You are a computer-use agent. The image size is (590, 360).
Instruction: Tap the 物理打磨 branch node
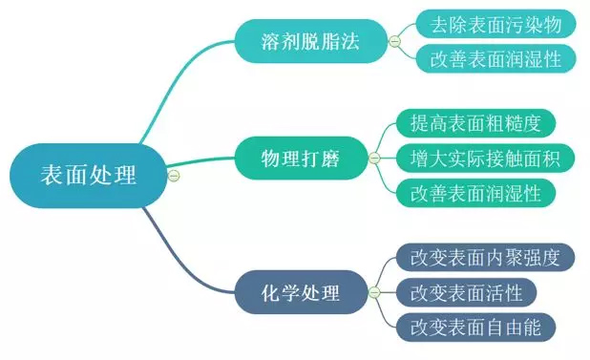(x=299, y=157)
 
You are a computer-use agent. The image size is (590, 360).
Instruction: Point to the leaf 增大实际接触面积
(x=483, y=157)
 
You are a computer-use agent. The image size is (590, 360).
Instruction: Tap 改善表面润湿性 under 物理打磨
(x=475, y=192)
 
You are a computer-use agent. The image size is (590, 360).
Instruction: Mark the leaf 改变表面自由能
(x=475, y=327)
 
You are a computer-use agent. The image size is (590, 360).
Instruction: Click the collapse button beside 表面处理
(x=173, y=176)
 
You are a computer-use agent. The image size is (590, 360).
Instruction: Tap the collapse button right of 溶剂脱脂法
(x=394, y=42)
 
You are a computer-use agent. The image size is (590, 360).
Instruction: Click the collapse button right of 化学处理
(x=373, y=291)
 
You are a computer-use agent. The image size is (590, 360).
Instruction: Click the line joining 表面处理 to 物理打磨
(x=205, y=161)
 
